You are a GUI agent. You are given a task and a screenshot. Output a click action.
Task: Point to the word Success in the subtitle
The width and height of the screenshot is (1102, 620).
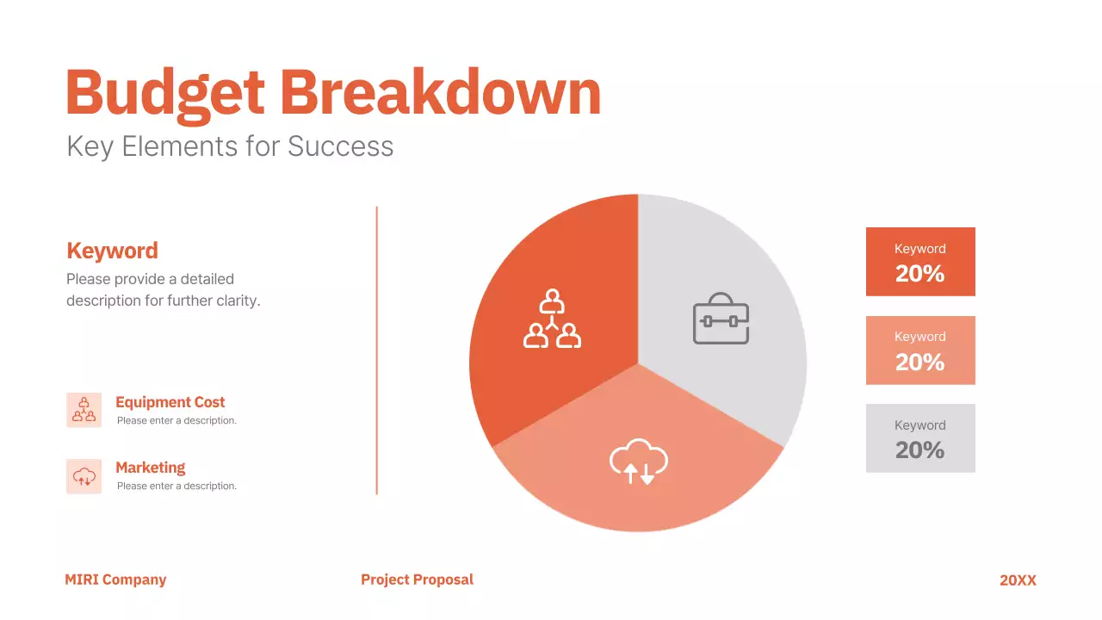(x=340, y=146)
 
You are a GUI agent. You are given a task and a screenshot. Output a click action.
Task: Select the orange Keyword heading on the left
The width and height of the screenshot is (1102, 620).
(x=112, y=251)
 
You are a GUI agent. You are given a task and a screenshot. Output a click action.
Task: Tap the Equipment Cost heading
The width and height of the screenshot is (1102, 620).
(x=170, y=402)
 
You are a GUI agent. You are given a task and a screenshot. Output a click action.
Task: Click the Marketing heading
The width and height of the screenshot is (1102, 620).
(x=150, y=468)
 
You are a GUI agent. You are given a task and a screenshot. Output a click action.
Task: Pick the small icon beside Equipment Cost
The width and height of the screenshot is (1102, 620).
(x=84, y=410)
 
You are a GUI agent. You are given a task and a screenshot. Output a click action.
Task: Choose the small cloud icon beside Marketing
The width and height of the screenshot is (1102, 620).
(x=84, y=476)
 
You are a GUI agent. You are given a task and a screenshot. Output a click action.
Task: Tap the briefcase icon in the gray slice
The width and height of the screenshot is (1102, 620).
(x=721, y=319)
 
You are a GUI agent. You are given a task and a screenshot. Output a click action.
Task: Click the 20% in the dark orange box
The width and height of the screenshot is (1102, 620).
(x=919, y=274)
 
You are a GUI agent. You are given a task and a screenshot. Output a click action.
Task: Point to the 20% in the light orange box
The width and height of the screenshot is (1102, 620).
(x=919, y=362)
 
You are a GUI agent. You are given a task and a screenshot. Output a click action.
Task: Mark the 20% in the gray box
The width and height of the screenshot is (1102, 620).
(x=919, y=449)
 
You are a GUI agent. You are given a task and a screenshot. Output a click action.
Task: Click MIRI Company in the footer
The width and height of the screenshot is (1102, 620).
(x=115, y=580)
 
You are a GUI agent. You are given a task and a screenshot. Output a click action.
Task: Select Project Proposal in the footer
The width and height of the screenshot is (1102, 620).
(x=417, y=580)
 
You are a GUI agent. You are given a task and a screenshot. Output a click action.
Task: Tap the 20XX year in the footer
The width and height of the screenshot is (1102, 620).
(x=1018, y=580)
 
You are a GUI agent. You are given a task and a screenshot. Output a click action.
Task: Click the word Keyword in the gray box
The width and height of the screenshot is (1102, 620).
(x=919, y=425)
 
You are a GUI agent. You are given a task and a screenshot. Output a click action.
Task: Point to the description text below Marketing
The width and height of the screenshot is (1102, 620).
(x=176, y=486)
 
